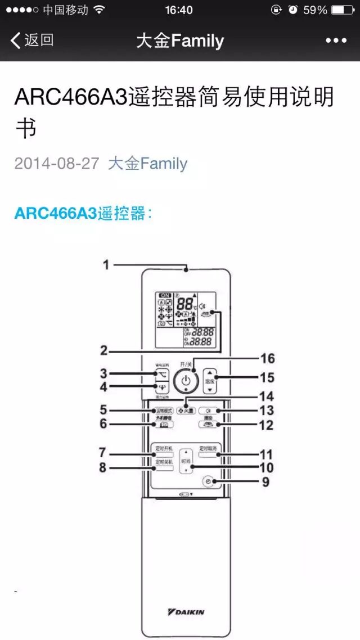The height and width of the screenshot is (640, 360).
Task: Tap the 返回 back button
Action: [32, 40]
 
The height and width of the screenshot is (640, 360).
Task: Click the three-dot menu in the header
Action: [336, 40]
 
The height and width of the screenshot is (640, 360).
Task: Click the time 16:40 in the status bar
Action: [179, 10]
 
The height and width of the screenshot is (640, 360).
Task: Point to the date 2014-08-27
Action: [57, 164]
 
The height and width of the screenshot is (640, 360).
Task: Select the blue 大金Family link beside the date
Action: [147, 164]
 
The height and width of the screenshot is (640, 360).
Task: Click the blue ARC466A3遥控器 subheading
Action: [83, 214]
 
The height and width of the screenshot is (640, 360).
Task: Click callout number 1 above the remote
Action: [106, 265]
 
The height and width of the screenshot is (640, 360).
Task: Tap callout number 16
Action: [267, 359]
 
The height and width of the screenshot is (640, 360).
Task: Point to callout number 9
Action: [265, 482]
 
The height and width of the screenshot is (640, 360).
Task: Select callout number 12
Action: [266, 426]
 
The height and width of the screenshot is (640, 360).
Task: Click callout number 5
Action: [103, 410]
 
